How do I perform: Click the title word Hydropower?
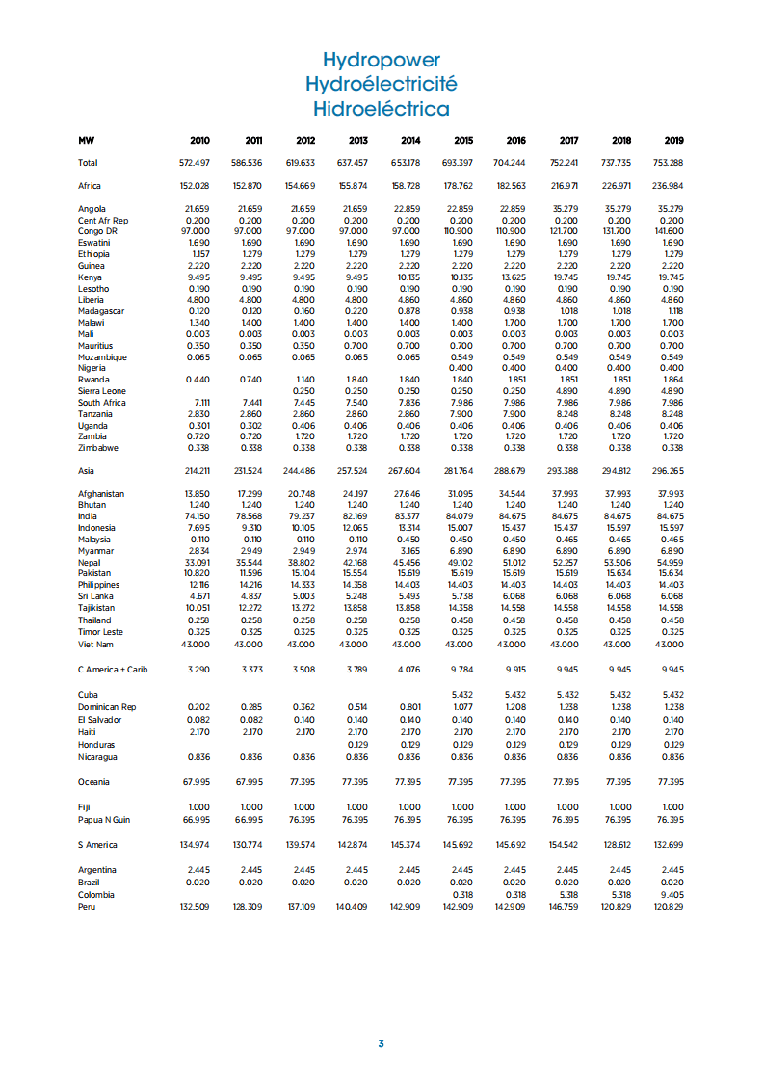click(x=382, y=61)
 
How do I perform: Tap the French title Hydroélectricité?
click(x=382, y=84)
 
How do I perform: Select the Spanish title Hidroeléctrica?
click(x=382, y=108)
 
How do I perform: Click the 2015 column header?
click(x=462, y=141)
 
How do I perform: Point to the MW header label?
click(x=86, y=141)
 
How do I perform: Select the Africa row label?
click(x=90, y=186)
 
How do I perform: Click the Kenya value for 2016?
click(x=512, y=277)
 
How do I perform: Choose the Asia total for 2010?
click(x=196, y=471)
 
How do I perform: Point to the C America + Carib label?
click(x=112, y=670)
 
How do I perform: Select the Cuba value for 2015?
click(x=462, y=695)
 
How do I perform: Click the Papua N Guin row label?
click(x=104, y=820)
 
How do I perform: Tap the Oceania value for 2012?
click(x=301, y=782)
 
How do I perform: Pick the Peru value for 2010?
click(x=196, y=907)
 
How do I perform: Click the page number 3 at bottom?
click(x=382, y=1043)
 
